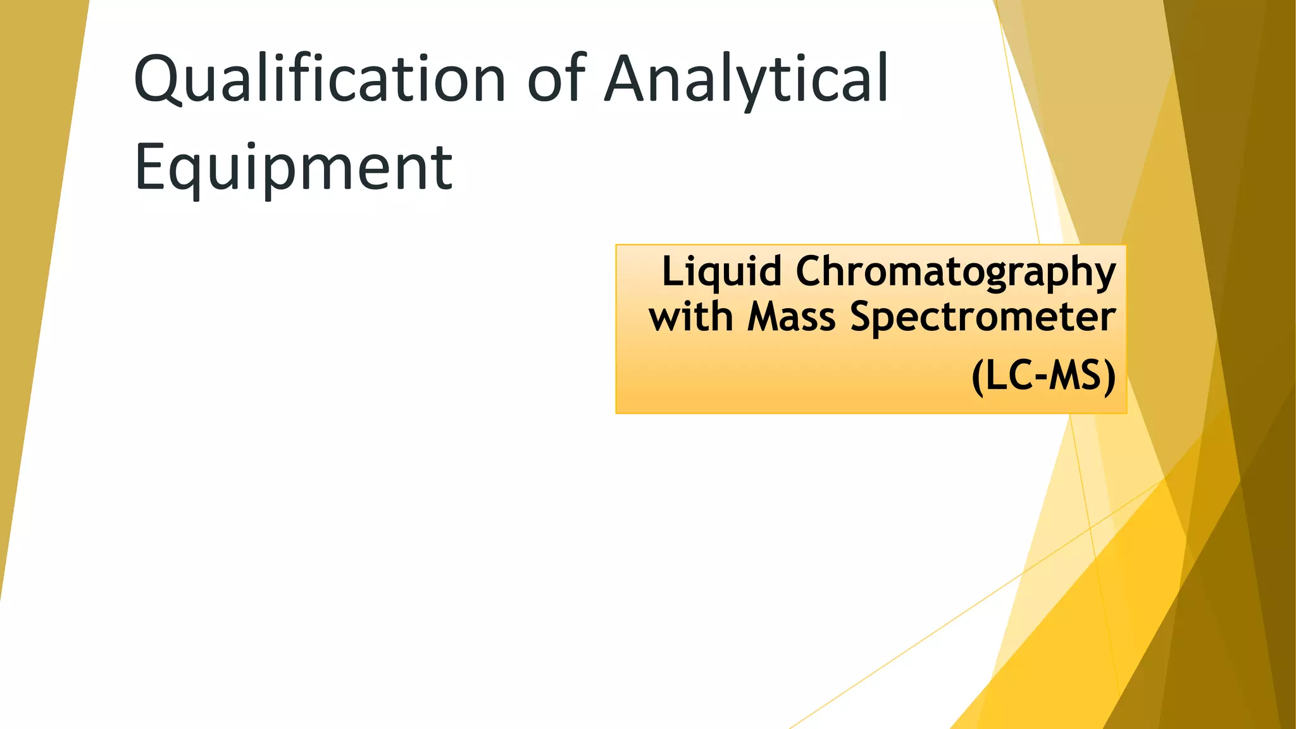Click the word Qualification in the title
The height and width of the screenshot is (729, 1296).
[320, 80]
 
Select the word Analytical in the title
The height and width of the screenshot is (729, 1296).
[747, 80]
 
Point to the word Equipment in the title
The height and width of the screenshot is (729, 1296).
[294, 168]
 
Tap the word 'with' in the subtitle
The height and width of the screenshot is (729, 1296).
[690, 316]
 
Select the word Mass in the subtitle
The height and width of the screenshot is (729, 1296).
[791, 316]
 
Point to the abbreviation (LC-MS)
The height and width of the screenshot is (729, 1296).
[1044, 377]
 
